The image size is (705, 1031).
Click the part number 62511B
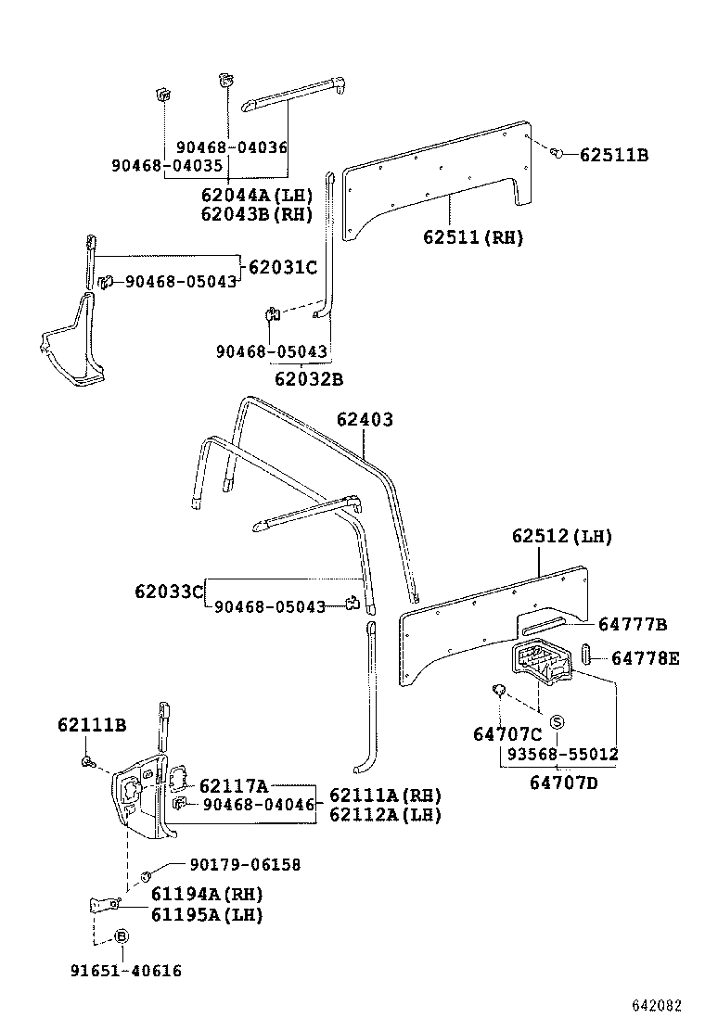[613, 155]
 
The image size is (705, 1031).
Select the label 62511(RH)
[473, 237]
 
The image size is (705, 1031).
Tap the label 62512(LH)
[561, 537]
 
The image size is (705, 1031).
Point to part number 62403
[365, 420]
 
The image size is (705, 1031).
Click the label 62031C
[283, 268]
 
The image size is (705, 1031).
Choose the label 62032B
[309, 378]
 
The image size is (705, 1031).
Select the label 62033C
[168, 591]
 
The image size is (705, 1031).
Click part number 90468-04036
[232, 146]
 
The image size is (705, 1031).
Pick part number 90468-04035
[167, 165]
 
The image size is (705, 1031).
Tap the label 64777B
[633, 624]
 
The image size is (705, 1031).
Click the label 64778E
[645, 658]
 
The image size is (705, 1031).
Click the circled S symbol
[558, 722]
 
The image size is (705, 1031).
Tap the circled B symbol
[120, 936]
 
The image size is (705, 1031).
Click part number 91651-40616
[126, 971]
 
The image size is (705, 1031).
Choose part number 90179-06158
[245, 864]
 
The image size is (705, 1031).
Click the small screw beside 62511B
[557, 152]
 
